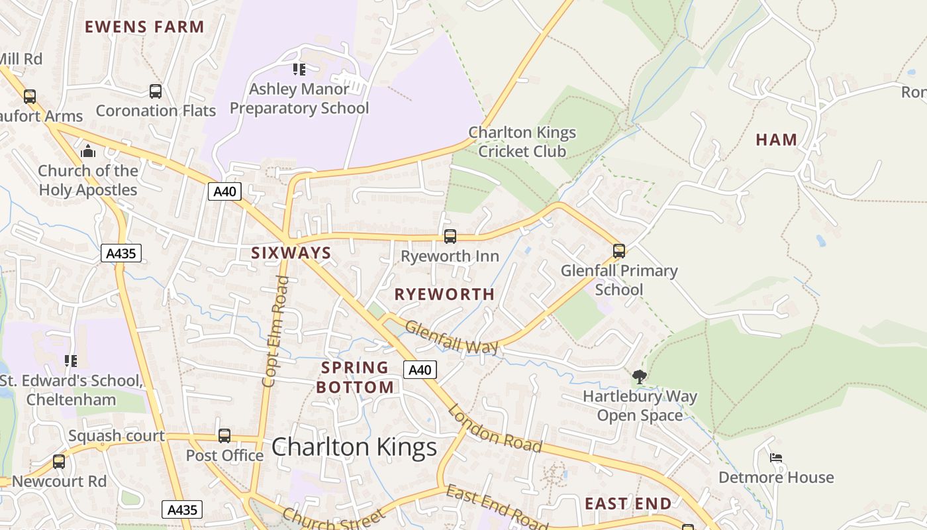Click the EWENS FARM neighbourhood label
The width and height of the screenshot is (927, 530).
click(144, 27)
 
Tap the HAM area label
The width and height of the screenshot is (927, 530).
click(776, 140)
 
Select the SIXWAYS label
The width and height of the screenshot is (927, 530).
click(291, 252)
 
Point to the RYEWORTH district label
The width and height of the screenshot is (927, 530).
click(444, 294)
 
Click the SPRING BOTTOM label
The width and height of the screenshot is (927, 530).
click(355, 377)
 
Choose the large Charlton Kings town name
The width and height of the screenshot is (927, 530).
click(354, 447)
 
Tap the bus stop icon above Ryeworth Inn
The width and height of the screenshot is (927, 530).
click(450, 237)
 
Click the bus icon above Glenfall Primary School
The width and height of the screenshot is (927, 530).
click(619, 251)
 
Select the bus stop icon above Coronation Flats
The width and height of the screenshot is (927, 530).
click(156, 91)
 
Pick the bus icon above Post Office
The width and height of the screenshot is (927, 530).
click(224, 436)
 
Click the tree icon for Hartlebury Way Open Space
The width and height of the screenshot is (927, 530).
click(639, 377)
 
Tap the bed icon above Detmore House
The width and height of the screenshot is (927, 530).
click(776, 458)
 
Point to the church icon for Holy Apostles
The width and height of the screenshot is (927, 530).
click(88, 152)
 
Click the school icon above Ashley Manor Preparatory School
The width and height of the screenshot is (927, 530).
click(299, 69)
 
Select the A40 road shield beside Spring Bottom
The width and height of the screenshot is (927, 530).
click(420, 370)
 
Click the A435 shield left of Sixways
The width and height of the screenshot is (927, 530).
click(122, 253)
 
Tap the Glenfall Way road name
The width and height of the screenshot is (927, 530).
click(452, 337)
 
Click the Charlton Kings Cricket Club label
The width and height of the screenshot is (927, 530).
click(522, 142)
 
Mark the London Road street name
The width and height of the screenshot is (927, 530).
click(495, 429)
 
